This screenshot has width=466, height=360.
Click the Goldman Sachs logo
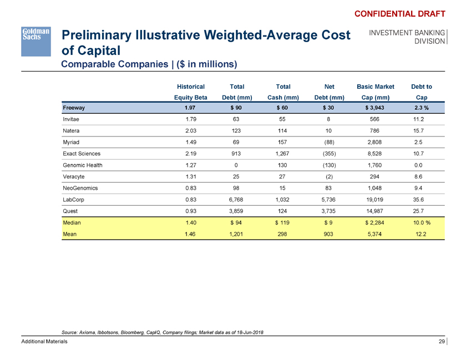point(36,40)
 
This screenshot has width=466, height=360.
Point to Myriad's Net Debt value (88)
point(329,141)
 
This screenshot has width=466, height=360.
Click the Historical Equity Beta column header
point(190,92)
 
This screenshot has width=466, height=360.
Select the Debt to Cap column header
point(422,92)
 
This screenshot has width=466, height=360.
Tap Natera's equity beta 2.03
point(190,130)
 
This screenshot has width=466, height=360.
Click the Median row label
point(73,223)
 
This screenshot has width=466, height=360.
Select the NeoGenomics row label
point(80,188)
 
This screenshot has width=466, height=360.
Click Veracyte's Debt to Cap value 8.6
point(422,176)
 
